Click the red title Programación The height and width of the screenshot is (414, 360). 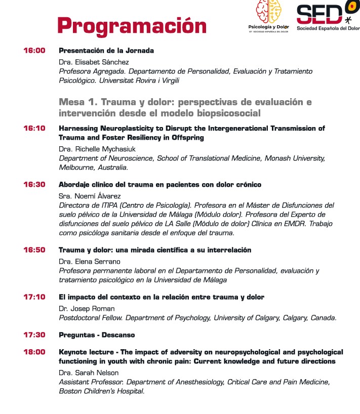(x=131, y=25)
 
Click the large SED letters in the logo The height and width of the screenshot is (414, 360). (x=319, y=14)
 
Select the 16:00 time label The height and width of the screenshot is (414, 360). (x=34, y=51)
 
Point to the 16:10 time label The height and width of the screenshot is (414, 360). (x=34, y=129)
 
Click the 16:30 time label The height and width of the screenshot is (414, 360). (x=34, y=185)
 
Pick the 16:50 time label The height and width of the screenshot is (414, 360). (x=34, y=250)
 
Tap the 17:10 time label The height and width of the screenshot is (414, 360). (x=34, y=297)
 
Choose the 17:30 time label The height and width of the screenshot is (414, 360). (x=34, y=335)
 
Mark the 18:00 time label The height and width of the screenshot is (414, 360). (x=34, y=352)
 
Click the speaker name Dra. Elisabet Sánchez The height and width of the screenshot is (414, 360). (x=94, y=62)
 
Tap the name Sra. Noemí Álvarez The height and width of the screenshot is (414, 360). (x=93, y=196)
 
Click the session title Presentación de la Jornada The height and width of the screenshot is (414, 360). (x=106, y=51)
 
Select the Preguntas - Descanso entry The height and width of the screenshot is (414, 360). (x=97, y=335)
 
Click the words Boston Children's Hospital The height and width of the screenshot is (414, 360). (x=102, y=391)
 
